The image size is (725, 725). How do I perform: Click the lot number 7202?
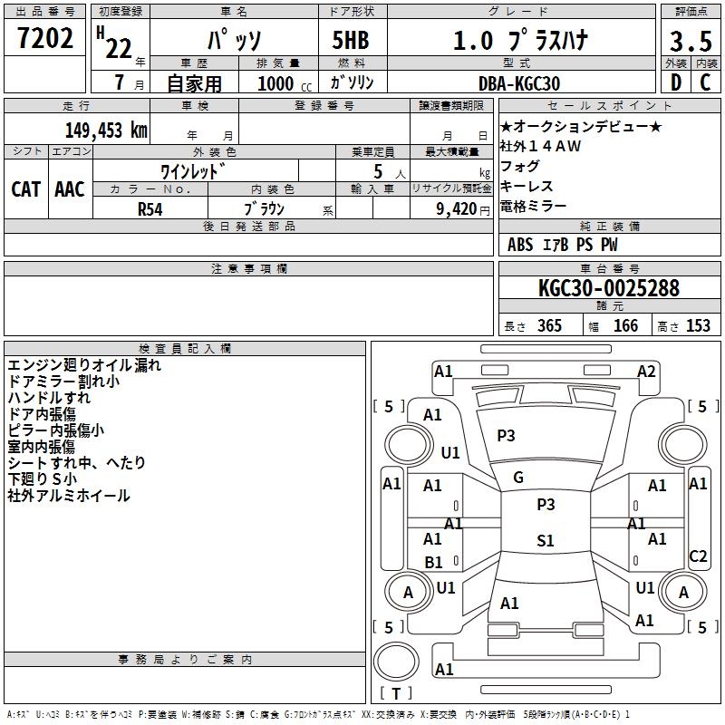point(45,38)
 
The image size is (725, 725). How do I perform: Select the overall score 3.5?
point(691,41)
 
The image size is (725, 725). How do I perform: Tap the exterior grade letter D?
point(676,82)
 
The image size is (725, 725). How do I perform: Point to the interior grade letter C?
point(705,82)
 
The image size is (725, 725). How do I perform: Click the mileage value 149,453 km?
point(106,130)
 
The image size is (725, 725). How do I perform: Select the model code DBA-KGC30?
point(519,83)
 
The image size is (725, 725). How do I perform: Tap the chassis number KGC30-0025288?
point(609,288)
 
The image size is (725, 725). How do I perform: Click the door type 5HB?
point(351,40)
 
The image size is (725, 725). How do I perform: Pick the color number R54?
point(150,209)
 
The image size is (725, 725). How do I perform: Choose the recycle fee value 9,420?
point(457,209)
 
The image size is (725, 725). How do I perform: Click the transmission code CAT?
point(26,189)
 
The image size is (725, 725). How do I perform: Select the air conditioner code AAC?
point(70,189)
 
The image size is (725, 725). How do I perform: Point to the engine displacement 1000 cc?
point(285,83)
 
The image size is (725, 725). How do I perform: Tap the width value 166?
point(625,325)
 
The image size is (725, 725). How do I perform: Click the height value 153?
point(698,325)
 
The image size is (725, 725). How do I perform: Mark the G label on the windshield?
point(518,478)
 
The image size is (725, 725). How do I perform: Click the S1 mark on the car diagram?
point(546,540)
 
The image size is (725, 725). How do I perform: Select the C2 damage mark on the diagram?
point(698,556)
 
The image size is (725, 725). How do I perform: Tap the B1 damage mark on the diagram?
point(434,562)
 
